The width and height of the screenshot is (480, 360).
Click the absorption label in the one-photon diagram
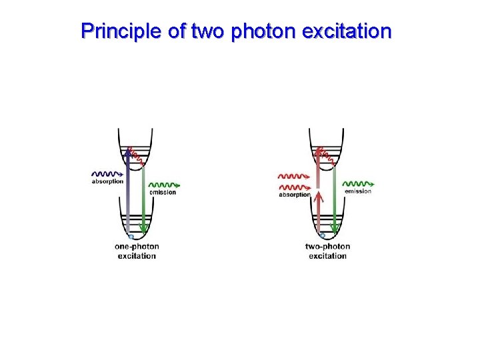pyautogui.click(x=107, y=181)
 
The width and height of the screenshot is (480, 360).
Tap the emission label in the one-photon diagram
pyautogui.click(x=163, y=193)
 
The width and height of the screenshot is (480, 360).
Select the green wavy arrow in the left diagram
pyautogui.click(x=163, y=185)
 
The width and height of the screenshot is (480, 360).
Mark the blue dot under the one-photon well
pyautogui.click(x=131, y=237)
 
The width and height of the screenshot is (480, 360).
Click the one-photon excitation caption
pyautogui.click(x=137, y=251)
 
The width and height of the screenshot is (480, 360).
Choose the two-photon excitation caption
pyautogui.click(x=328, y=251)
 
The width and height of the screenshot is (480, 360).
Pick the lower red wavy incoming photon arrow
pyautogui.click(x=293, y=187)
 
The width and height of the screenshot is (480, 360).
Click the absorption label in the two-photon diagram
pyautogui.click(x=294, y=195)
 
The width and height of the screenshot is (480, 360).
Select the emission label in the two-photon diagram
pyautogui.click(x=358, y=191)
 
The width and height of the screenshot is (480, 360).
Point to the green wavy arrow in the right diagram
pyautogui.click(x=358, y=183)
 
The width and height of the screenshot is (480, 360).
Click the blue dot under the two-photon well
pyautogui.click(x=323, y=236)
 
